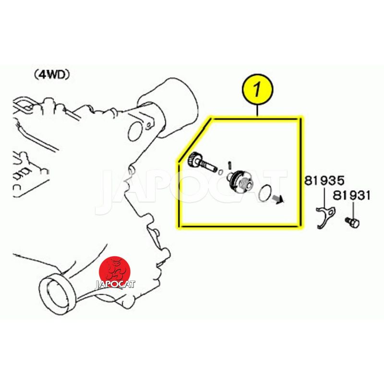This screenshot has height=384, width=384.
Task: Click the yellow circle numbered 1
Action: click(x=257, y=90)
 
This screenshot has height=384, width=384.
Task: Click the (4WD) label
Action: click(x=52, y=75)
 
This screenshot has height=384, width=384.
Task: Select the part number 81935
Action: click(x=324, y=181)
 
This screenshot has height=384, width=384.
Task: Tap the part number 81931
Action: click(x=351, y=196)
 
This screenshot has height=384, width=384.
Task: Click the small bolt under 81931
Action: click(x=352, y=222)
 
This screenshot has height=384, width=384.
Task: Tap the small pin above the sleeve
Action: click(x=229, y=165)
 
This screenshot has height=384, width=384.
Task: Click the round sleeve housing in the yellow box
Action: click(x=240, y=182)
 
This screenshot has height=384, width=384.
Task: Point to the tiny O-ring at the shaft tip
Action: click(x=220, y=172)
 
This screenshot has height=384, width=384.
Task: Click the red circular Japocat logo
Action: click(x=116, y=270)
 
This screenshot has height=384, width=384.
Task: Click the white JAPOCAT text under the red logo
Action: click(x=115, y=284)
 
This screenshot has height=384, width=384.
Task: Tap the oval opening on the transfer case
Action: click(x=135, y=132)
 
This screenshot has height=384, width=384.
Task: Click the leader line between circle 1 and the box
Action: click(x=257, y=110)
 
